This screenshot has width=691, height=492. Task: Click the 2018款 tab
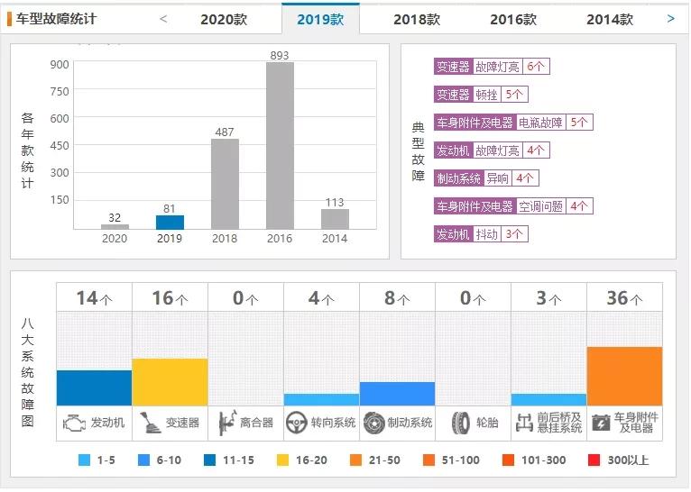coord(416,19)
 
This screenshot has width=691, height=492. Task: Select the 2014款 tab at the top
coord(609,19)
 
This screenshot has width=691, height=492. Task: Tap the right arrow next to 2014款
coord(670,18)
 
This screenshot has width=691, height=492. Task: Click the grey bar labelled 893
coord(280,144)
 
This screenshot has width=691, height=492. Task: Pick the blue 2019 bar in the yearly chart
coord(170,222)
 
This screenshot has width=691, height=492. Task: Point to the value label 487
coord(225,132)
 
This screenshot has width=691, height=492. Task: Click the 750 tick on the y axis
coord(60,91)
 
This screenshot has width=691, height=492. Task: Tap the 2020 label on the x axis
coord(115,239)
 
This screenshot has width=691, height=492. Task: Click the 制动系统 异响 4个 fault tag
coord(486,178)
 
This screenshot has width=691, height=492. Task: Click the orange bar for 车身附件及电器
coord(624,376)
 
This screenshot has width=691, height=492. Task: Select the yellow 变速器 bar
coord(170,382)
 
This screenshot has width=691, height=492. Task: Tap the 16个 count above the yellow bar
coord(170,298)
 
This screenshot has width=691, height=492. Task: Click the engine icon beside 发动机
coord(72,423)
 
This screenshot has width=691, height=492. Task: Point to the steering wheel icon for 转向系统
coord(296,423)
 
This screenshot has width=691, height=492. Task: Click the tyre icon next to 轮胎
coord(461,423)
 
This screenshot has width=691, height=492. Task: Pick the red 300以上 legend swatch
coord(594,460)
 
